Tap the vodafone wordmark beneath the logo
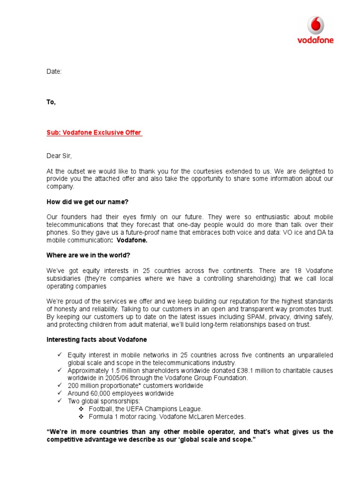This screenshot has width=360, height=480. click(x=315, y=40)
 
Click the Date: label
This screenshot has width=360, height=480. click(x=54, y=72)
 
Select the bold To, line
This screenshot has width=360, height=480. click(x=51, y=102)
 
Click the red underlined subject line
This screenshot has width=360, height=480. click(x=94, y=133)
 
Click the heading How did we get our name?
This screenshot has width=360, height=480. click(x=88, y=202)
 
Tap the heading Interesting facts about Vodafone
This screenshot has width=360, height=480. click(x=99, y=339)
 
